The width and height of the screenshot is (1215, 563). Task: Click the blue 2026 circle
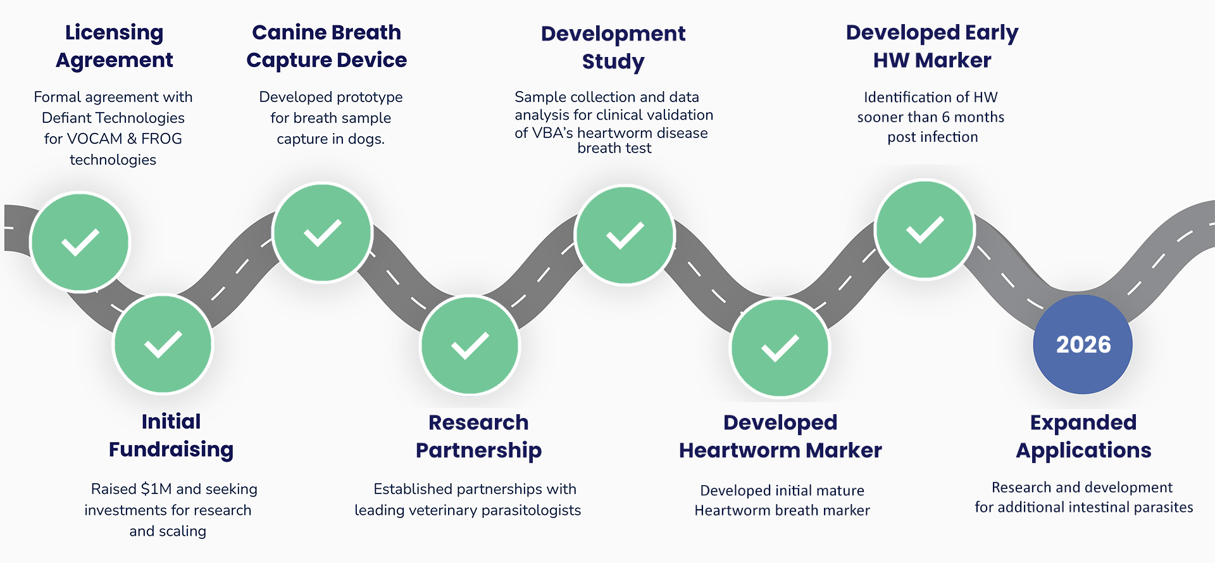[x=1083, y=345]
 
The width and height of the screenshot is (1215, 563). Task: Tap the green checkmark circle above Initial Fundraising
[x=163, y=345]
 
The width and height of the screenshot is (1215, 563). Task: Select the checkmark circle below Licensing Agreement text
[x=80, y=242]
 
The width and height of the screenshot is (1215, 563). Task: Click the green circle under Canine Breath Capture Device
[x=322, y=232]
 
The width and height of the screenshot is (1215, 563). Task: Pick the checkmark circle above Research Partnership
[x=470, y=346]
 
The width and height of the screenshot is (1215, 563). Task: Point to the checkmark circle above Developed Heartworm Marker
[x=780, y=348]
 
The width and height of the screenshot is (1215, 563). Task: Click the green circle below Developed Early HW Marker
[x=925, y=229]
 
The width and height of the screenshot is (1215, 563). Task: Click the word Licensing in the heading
[x=114, y=32]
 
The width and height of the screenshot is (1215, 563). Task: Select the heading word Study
[x=613, y=61]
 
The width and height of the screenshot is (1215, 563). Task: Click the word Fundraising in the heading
[x=171, y=450]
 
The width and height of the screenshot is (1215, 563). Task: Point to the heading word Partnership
[x=478, y=450]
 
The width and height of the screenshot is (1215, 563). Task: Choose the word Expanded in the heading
[x=1083, y=422]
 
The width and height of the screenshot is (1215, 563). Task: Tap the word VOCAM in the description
[x=94, y=139]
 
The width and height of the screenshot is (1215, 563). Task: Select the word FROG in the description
[x=161, y=139]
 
